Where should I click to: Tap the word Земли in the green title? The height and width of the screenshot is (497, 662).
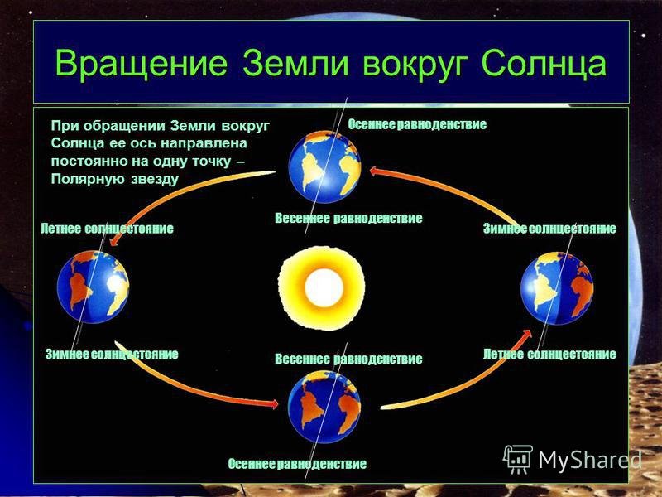point(296,65)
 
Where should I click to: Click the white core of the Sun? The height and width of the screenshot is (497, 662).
point(324,287)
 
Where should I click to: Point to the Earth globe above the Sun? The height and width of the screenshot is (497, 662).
point(324,167)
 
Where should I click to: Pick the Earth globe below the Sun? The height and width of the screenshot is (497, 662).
point(324,407)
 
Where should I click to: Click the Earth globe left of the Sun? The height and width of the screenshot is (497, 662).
point(94,287)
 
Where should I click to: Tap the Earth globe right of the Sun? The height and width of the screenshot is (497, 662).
point(557,288)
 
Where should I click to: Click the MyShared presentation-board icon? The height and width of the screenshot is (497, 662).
point(518,460)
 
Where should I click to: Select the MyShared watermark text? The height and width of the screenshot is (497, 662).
point(590,461)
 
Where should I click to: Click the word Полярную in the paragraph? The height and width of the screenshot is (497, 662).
point(88,180)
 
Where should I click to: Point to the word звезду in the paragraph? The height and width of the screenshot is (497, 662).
point(155,180)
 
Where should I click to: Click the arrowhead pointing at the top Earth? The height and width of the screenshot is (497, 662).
point(374,171)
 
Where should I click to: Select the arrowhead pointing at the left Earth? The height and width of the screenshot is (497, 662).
point(113,241)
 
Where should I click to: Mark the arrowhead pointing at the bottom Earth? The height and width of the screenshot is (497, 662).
point(274,404)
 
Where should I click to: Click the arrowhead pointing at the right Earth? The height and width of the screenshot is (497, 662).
point(526,334)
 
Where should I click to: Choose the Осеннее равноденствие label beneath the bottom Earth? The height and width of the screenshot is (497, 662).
point(297,464)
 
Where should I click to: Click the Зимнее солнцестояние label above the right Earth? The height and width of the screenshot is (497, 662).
point(549,229)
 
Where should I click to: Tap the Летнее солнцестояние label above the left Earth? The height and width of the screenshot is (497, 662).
point(107,229)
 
